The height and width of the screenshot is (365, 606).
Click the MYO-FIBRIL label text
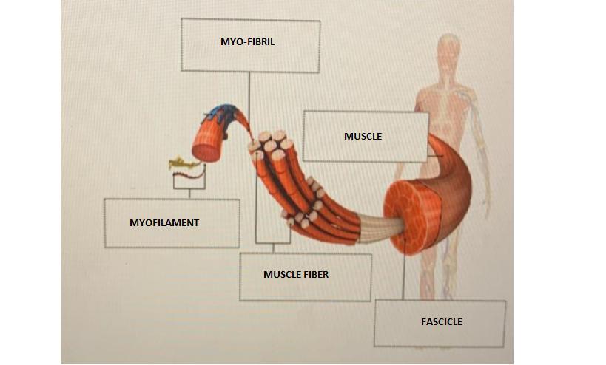pyautogui.click(x=247, y=42)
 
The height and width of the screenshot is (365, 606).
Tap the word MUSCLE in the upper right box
pyautogui.click(x=363, y=137)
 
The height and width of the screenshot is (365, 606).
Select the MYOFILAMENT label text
pyautogui.click(x=164, y=222)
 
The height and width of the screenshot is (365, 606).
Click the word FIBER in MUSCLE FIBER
pyautogui.click(x=314, y=275)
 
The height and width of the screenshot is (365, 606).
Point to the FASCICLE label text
pyautogui.click(x=441, y=322)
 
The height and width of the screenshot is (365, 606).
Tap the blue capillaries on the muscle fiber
pyautogui.click(x=220, y=115)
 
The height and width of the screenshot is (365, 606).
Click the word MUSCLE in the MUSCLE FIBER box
pyautogui.click(x=281, y=275)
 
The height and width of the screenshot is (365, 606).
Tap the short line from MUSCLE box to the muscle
pyautogui.click(x=435, y=157)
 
